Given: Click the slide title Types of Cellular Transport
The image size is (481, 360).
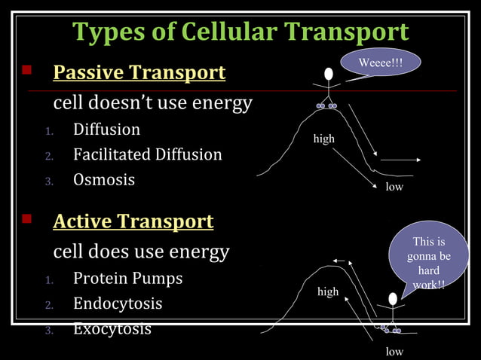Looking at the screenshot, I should (x=240, y=32).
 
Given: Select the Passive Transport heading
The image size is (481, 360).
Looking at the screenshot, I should (x=139, y=73).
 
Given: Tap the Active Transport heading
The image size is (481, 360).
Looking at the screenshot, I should (x=133, y=221).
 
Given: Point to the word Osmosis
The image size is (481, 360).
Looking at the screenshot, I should (x=104, y=180).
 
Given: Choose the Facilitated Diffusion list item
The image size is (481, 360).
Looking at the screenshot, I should (x=147, y=155).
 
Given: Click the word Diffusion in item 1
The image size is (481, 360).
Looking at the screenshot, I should (x=106, y=130).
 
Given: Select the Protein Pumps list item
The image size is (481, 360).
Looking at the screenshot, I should (x=127, y=279).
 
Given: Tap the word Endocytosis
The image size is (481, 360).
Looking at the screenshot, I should (x=118, y=304).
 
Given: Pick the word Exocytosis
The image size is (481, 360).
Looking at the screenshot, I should (x=112, y=329).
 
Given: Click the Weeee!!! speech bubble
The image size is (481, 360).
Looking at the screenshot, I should (x=380, y=64).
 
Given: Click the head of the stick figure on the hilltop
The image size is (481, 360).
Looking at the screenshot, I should (x=329, y=74).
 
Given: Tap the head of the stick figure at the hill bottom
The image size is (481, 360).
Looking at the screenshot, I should (x=392, y=299).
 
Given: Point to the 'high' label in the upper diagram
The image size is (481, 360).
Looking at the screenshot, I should (x=324, y=139).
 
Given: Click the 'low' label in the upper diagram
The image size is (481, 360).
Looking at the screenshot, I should (x=394, y=187).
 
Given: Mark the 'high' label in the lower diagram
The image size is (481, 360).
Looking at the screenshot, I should (x=328, y=292).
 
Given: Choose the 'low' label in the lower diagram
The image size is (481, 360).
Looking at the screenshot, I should (x=394, y=352).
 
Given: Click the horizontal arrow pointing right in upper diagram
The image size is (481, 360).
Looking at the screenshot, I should (x=400, y=160).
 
